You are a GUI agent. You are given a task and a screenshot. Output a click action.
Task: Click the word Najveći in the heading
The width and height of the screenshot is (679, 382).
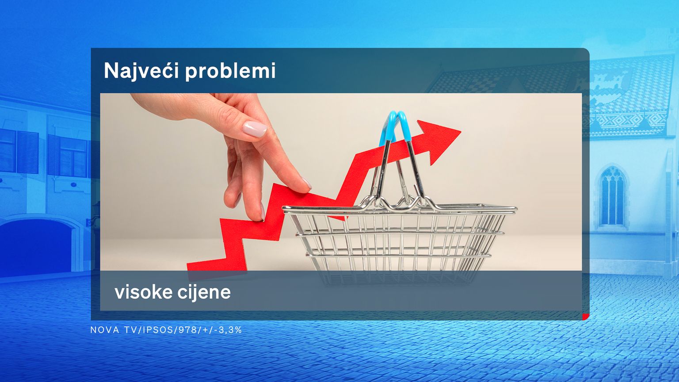141,71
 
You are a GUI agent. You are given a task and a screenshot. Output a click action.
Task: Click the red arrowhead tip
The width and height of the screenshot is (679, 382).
461,132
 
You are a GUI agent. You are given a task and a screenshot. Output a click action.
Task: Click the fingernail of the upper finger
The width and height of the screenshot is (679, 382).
255,129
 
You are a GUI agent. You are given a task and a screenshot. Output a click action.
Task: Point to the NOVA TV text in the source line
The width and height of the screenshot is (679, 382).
114,330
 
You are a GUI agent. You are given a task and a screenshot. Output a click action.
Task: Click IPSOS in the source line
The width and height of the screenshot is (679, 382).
158,330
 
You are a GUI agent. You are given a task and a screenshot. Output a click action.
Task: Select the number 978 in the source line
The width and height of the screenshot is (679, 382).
187,330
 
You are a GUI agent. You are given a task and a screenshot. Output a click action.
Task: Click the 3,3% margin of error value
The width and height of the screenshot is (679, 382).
230,330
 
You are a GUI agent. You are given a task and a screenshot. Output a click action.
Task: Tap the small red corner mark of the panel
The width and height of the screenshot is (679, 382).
586,317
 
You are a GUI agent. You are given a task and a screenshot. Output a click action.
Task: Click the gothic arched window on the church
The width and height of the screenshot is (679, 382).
612,197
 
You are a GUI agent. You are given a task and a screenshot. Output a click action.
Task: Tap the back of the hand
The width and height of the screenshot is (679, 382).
194,106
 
